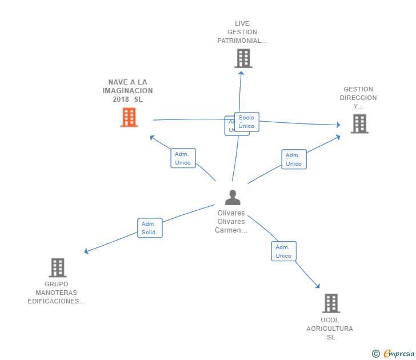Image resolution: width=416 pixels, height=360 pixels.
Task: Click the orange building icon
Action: pyautogui.click(x=129, y=117)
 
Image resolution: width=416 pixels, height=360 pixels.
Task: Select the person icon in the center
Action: pyautogui.click(x=233, y=197)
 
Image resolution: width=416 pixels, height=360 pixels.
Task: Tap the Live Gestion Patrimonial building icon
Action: pyautogui.click(x=243, y=58)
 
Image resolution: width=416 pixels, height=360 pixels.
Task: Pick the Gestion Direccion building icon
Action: pyautogui.click(x=359, y=123)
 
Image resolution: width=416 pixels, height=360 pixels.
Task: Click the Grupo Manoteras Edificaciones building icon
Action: pyautogui.click(x=57, y=267)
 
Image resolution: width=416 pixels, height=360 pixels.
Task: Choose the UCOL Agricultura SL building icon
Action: pyautogui.click(x=331, y=303)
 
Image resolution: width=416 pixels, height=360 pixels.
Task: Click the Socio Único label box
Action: pyautogui.click(x=247, y=122)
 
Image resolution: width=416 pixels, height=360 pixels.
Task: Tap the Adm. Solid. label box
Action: pyautogui.click(x=150, y=228)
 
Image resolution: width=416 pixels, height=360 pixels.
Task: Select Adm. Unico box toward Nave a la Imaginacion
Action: pyautogui.click(x=183, y=158)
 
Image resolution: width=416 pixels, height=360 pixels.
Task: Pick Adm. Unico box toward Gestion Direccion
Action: pyautogui.click(x=294, y=159)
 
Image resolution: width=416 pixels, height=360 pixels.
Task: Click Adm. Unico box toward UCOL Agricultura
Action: pyautogui.click(x=283, y=251)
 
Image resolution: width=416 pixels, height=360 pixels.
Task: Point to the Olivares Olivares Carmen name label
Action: pyautogui.click(x=231, y=222)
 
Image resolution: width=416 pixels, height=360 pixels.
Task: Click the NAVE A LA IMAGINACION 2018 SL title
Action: pyautogui.click(x=128, y=91)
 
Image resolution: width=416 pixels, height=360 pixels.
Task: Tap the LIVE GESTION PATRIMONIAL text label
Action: pyautogui.click(x=242, y=33)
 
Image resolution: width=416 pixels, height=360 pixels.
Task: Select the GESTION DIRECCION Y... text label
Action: pyautogui.click(x=358, y=98)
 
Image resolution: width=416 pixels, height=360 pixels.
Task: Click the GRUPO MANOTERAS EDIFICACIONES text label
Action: pyautogui.click(x=57, y=293)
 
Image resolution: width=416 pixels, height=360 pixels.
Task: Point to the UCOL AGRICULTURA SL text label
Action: pyautogui.click(x=330, y=329)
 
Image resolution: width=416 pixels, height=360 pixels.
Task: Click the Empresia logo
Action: pyautogui.click(x=399, y=354)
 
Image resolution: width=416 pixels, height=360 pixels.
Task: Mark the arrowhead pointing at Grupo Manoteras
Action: pyautogui.click(x=86, y=251)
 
